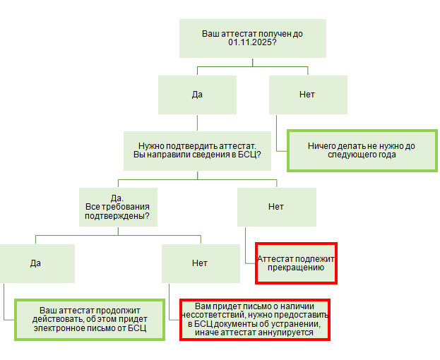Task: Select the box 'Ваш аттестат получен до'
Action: [x=252, y=38]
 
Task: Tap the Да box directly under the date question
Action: [x=197, y=95]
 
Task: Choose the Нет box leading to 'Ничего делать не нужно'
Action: [x=307, y=95]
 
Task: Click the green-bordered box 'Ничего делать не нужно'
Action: [x=362, y=150]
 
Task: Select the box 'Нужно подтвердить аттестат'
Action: [x=197, y=150]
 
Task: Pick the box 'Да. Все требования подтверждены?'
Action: [x=118, y=207]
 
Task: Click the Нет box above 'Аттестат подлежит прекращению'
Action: [x=276, y=207]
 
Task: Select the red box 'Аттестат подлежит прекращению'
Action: [x=296, y=263]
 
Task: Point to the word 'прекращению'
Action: [x=295, y=268]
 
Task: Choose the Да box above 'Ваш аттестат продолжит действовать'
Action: [x=36, y=263]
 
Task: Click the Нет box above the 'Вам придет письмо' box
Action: [x=200, y=263]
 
